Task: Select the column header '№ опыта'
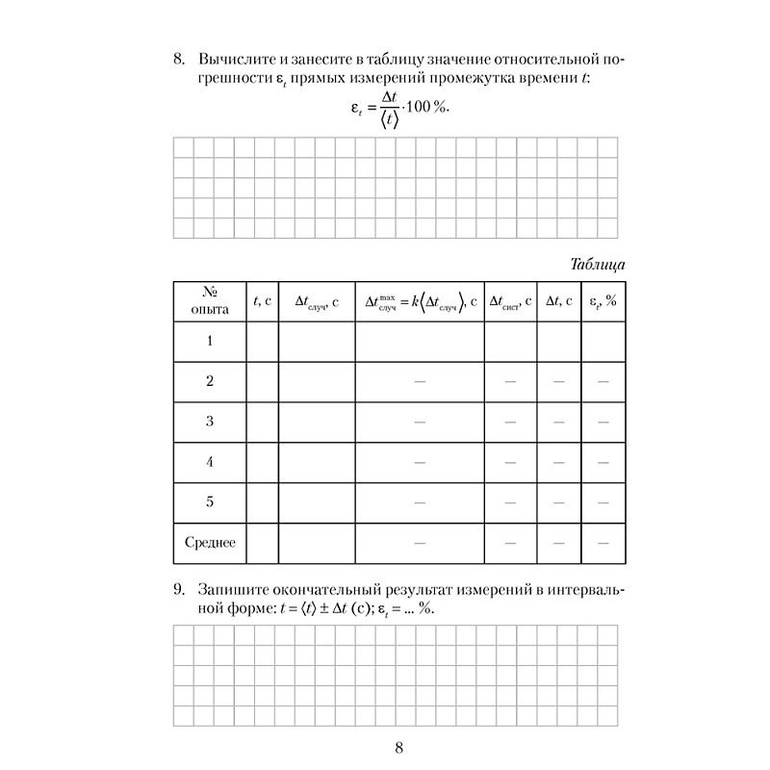tap(209, 301)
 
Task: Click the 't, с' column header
tap(262, 301)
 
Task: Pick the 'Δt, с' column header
tap(559, 301)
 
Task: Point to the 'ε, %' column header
tap(603, 301)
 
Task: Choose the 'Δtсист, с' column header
tap(510, 301)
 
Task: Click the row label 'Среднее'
tap(209, 543)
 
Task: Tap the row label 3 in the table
tap(209, 422)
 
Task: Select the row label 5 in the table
tap(209, 502)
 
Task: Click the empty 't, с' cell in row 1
tap(262, 341)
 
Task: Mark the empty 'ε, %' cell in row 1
tap(603, 341)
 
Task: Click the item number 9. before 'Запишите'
tap(179, 589)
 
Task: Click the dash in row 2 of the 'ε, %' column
tap(603, 382)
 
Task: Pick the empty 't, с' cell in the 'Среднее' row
tap(262, 543)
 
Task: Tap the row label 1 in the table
tap(209, 341)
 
